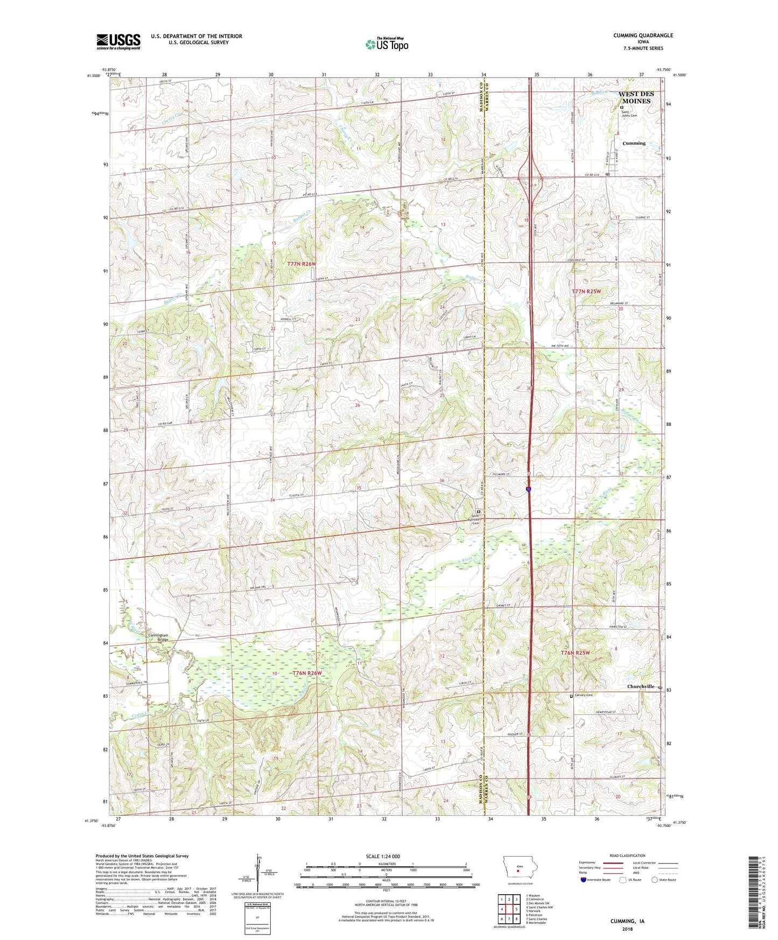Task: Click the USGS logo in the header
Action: coord(118,41)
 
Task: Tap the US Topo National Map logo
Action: coord(386,44)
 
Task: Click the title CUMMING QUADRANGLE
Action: coord(643,36)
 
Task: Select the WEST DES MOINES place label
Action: coord(636,97)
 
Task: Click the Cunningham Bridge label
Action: coord(158,637)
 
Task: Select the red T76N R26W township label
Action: coord(307,673)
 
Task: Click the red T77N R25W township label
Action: coord(585,291)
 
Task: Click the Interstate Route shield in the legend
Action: coord(584,880)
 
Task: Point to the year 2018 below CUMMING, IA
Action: coord(627,929)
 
